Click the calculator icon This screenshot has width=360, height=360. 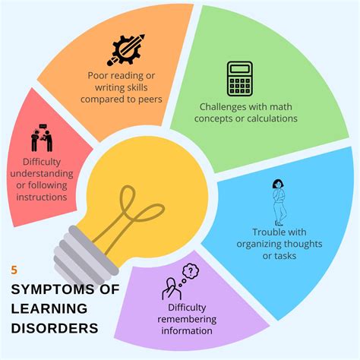point(239,79)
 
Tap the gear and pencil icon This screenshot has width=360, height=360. point(126,50)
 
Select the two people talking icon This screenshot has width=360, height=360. point(42,138)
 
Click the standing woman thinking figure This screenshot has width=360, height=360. point(279,202)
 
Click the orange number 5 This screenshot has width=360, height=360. point(14,270)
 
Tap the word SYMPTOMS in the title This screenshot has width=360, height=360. point(53,289)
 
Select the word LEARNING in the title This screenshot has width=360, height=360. point(49,309)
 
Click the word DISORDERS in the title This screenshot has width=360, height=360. point(55,328)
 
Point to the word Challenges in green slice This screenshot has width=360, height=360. point(220,107)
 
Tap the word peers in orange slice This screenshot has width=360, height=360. point(150,99)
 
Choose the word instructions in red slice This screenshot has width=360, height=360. point(42,197)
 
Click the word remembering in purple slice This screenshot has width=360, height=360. point(187,319)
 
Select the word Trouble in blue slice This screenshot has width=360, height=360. point(266,232)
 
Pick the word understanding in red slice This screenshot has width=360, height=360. point(42,174)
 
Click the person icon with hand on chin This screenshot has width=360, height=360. point(172,289)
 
